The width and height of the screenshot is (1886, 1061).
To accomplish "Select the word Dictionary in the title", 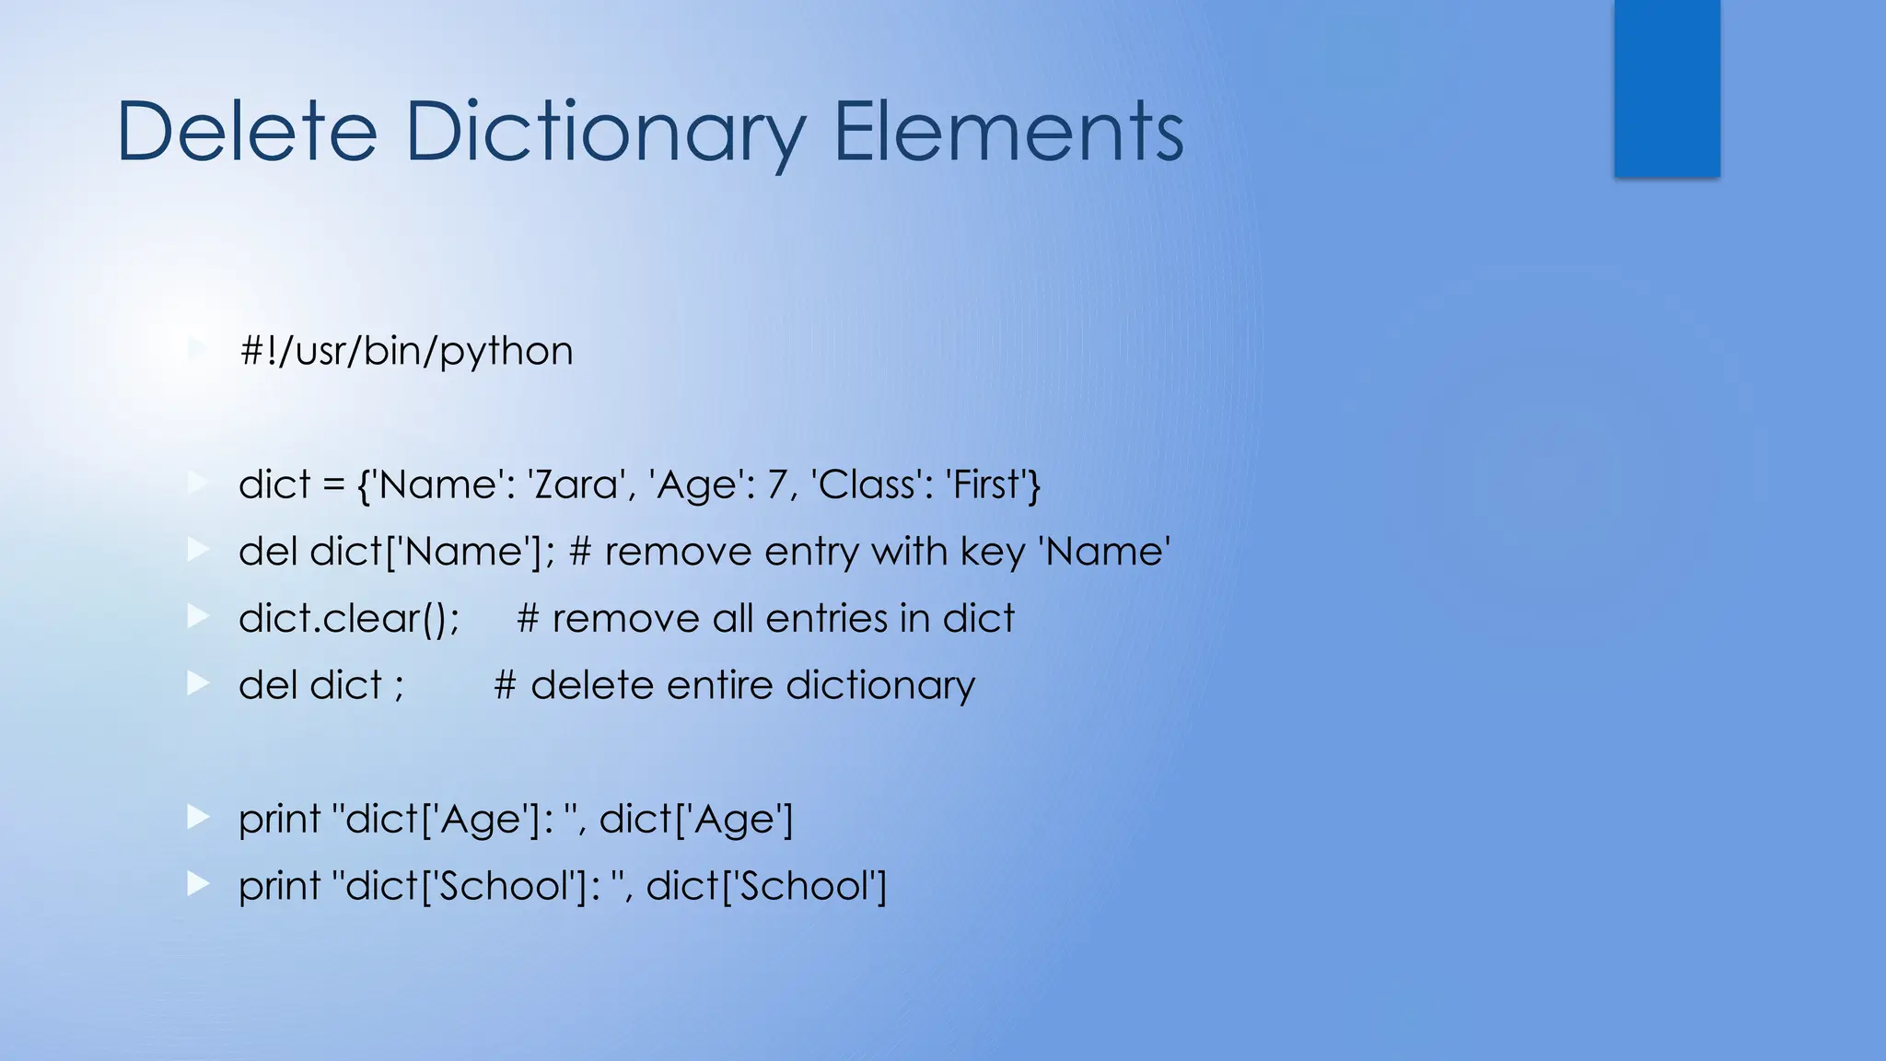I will coord(605,134).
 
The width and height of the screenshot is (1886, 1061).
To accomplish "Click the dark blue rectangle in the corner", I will coord(1667,88).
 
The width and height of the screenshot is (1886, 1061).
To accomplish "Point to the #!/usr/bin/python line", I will coord(405,351).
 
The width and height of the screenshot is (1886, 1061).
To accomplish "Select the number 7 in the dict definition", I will coord(776,484).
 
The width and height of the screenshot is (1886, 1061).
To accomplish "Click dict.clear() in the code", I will coord(348,618).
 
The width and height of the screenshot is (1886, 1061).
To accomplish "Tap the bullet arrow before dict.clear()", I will coord(198,616).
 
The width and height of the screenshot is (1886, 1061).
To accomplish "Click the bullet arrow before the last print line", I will coord(198,884).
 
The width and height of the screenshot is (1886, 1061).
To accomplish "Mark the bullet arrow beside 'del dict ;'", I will coord(198,683).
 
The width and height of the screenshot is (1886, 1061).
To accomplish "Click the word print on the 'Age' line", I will coord(279,819).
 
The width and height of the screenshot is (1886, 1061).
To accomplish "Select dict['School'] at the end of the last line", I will coord(766,886).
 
